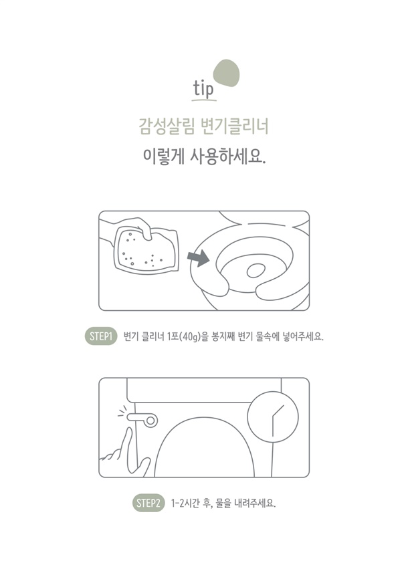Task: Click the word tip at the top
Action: tap(203, 89)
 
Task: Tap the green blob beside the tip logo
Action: tap(226, 73)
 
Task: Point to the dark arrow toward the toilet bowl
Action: tap(198, 257)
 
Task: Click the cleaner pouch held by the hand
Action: tap(146, 251)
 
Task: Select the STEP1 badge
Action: tap(101, 336)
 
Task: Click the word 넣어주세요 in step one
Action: tap(303, 336)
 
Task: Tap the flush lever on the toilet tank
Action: tap(143, 419)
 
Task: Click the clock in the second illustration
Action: tap(273, 417)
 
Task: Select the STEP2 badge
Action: tap(148, 503)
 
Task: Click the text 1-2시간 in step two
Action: tap(185, 503)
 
